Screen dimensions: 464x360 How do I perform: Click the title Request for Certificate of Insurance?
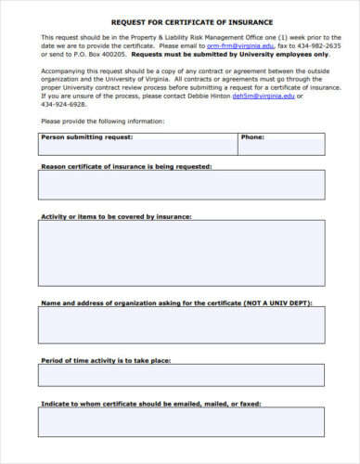click(x=180, y=20)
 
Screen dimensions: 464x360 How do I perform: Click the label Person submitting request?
click(x=87, y=137)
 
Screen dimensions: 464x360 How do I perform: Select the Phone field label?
click(x=252, y=137)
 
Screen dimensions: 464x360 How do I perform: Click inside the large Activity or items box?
click(x=181, y=253)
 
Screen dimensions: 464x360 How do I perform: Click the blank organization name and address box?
click(x=181, y=325)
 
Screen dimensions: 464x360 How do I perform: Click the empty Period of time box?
click(x=181, y=375)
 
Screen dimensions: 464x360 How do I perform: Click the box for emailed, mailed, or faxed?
click(x=181, y=422)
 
